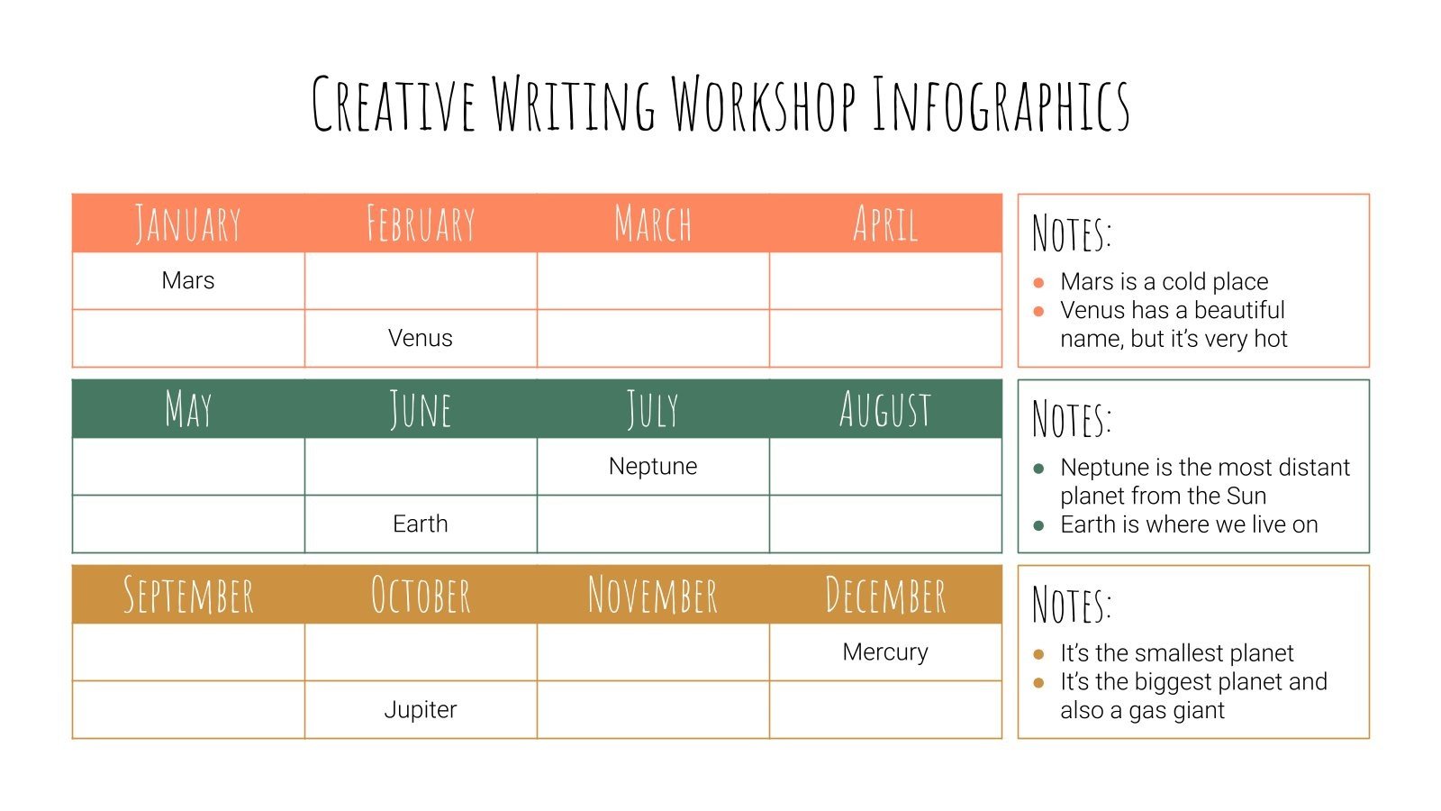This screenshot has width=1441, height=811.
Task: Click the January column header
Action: pyautogui.click(x=188, y=223)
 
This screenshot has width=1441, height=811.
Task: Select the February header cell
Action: pyautogui.click(x=421, y=223)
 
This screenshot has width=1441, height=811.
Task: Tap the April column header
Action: pyautogui.click(x=885, y=223)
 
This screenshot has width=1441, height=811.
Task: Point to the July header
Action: pyautogui.click(x=653, y=409)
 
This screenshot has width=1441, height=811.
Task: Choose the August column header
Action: pyautogui.click(x=885, y=409)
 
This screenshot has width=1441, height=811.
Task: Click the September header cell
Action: pyautogui.click(x=188, y=595)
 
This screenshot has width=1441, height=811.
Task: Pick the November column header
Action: pyautogui.click(x=653, y=595)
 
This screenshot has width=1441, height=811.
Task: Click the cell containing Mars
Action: pyautogui.click(x=188, y=280)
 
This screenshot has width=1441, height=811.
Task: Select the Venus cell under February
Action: pyautogui.click(x=421, y=338)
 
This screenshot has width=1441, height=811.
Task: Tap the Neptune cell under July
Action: pyautogui.click(x=653, y=466)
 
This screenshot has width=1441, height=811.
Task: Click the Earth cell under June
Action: pyautogui.click(x=421, y=524)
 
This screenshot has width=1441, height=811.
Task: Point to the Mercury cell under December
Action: pyautogui.click(x=885, y=652)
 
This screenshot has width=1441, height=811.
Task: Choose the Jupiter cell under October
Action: pyautogui.click(x=421, y=709)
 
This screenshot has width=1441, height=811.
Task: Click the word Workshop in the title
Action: pyautogui.click(x=764, y=104)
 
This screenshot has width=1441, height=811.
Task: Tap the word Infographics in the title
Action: pyautogui.click(x=1001, y=105)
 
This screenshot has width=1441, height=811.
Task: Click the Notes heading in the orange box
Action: pyautogui.click(x=1072, y=232)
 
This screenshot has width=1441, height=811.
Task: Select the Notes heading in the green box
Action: pyautogui.click(x=1072, y=418)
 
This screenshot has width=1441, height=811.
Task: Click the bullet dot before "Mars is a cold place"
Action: pyautogui.click(x=1038, y=282)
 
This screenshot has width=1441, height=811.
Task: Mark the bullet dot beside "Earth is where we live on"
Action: pyautogui.click(x=1038, y=525)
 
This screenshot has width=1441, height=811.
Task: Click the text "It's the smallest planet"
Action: pyautogui.click(x=1176, y=652)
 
